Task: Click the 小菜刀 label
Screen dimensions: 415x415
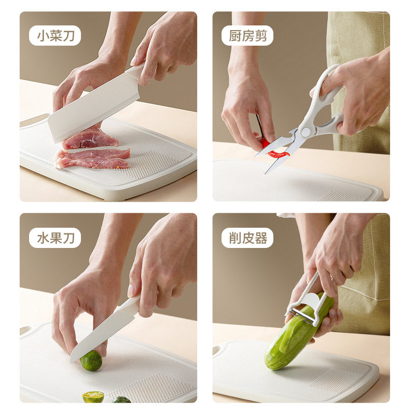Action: click(x=55, y=36)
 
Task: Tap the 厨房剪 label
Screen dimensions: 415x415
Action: click(x=247, y=36)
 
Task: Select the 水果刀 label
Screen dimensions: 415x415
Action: click(x=55, y=238)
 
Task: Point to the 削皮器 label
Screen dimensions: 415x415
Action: click(x=247, y=238)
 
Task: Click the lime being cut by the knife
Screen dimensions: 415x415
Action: click(x=91, y=361)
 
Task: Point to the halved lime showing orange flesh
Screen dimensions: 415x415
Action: click(x=93, y=397)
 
